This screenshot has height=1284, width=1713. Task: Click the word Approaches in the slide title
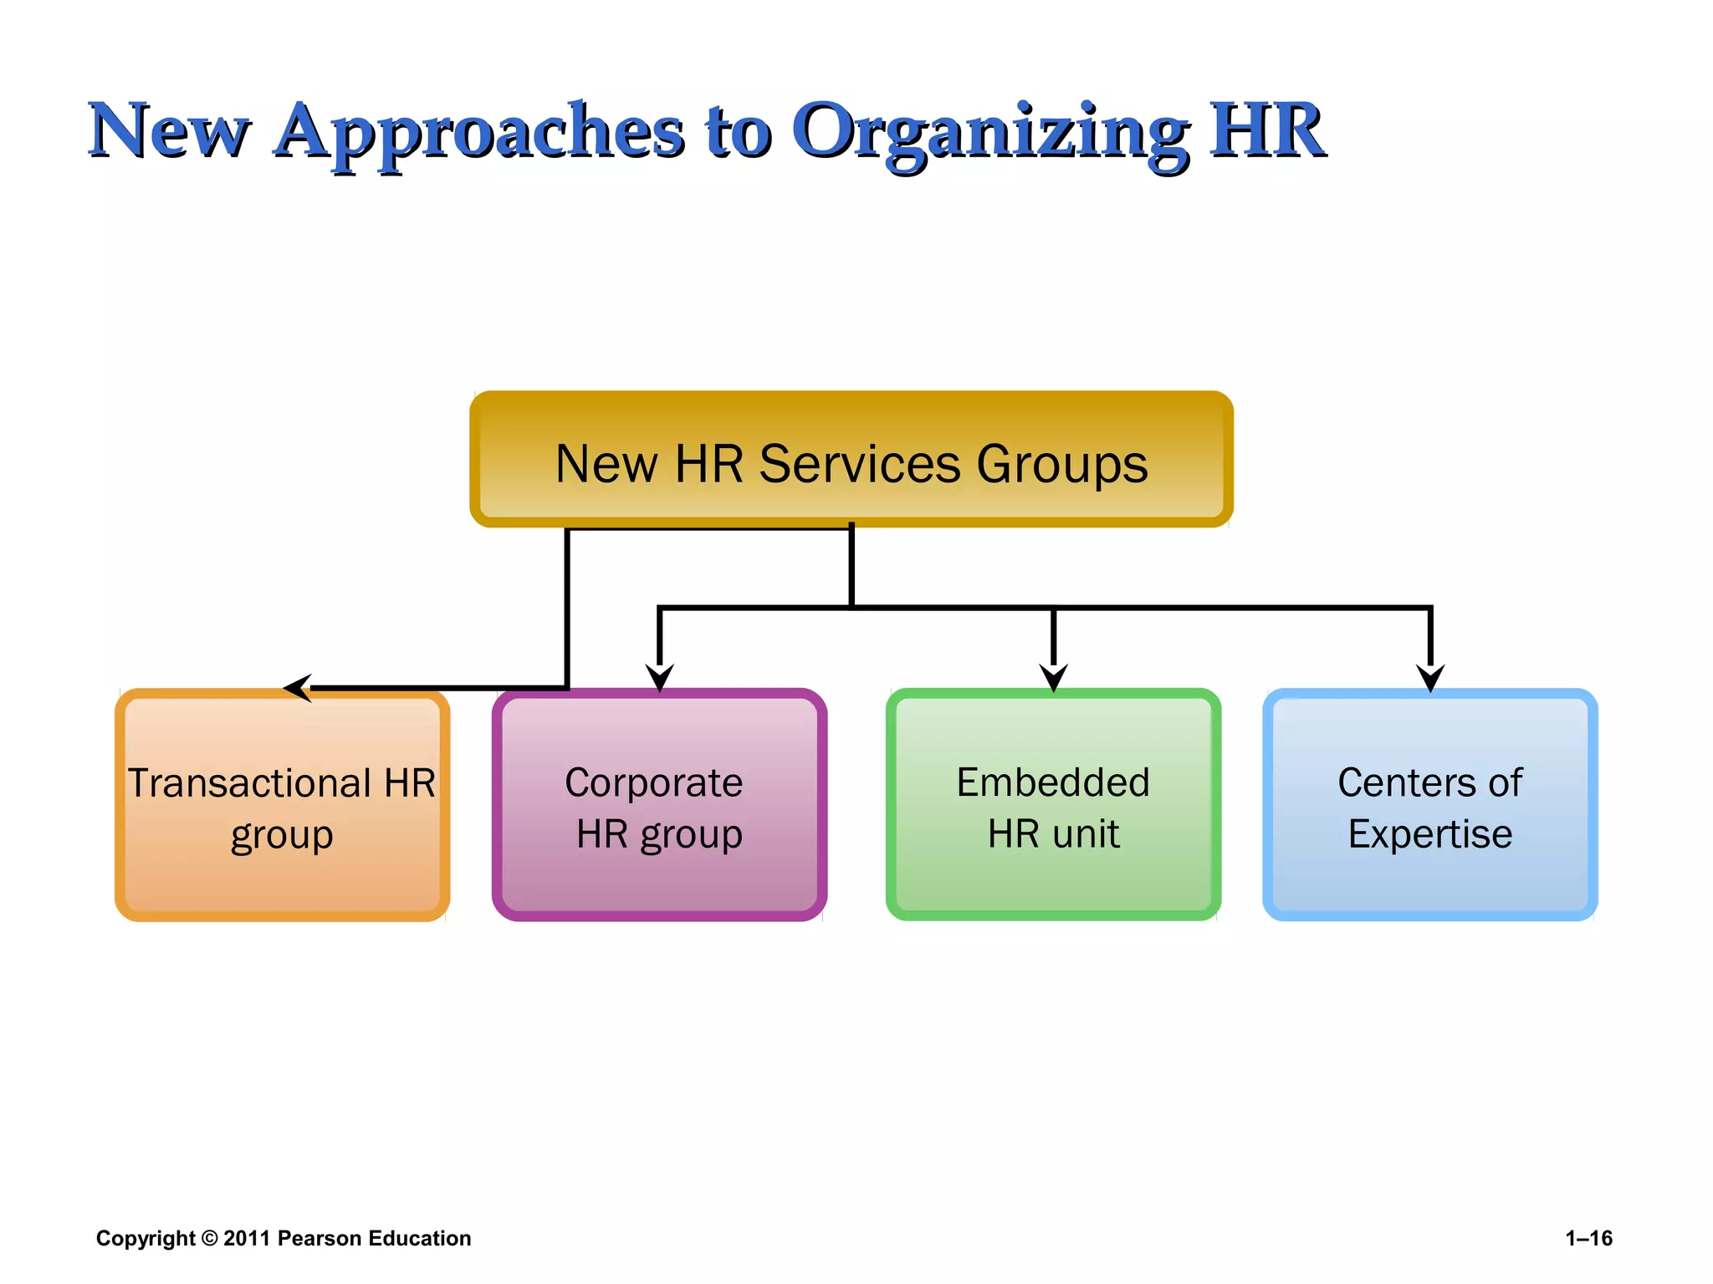(478, 132)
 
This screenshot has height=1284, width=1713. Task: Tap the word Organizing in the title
(990, 132)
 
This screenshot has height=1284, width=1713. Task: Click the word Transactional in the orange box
(248, 783)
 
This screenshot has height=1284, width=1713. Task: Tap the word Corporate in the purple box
(653, 783)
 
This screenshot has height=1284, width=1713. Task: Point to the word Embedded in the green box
(1053, 783)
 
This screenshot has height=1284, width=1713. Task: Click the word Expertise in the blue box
(1429, 834)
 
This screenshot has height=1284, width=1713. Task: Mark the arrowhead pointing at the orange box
(298, 688)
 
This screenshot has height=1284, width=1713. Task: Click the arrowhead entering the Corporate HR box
(659, 677)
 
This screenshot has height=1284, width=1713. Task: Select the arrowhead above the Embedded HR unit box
(1053, 677)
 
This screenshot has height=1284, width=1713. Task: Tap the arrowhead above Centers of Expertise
(1430, 677)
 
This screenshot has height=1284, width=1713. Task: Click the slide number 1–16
(1588, 1238)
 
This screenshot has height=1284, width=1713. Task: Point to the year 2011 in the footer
(246, 1238)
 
